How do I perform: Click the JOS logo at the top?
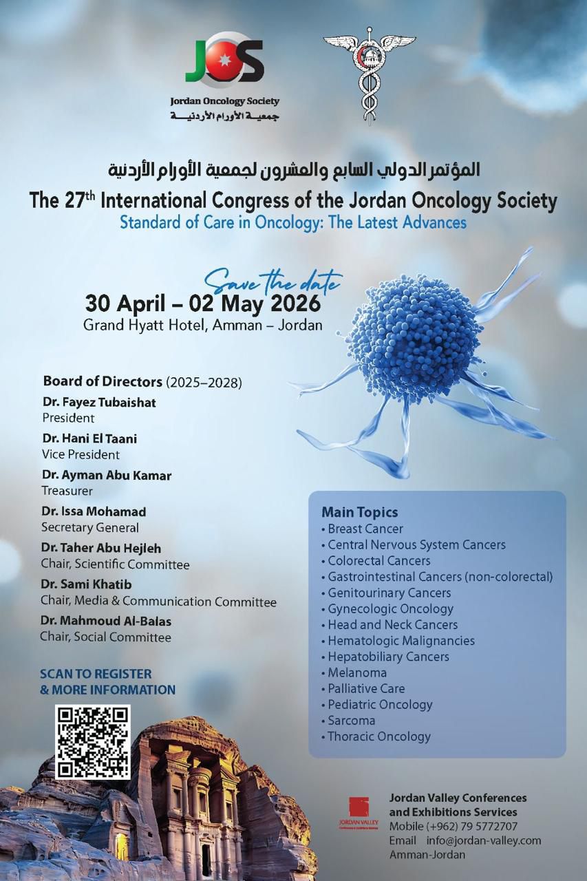coord(224,60)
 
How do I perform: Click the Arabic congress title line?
coord(294,168)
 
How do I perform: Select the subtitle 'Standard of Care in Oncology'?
coord(292,222)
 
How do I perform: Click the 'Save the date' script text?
coord(273,280)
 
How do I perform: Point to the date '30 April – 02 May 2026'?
coord(202,303)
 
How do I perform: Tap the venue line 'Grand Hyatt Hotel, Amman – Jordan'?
coord(202,324)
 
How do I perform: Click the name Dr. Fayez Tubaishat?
coord(99,402)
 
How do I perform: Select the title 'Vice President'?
coord(81,454)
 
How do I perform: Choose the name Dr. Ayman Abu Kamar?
coord(106,475)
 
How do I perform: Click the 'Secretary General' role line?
coord(89,528)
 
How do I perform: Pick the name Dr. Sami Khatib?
coord(87,584)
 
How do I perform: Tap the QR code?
coord(93,742)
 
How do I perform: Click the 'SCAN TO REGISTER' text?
coord(96,674)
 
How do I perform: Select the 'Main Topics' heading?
coord(359,512)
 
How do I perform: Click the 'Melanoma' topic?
coord(356,672)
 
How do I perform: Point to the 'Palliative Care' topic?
coord(365,688)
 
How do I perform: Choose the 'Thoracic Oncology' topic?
coord(378,736)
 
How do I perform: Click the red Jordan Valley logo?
coord(359,809)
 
